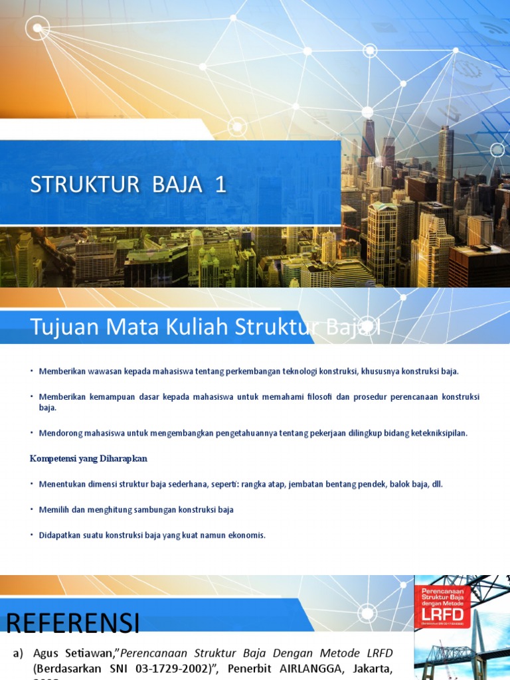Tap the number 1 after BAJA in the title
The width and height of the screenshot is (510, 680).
[x=220, y=185]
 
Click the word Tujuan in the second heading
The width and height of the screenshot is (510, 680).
[x=60, y=327]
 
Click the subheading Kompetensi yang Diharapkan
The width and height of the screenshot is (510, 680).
[x=88, y=458]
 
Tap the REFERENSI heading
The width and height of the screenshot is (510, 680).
[x=73, y=624]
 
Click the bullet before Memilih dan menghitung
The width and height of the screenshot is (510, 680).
[x=31, y=509]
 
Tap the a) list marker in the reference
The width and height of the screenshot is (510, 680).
[x=19, y=653]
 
